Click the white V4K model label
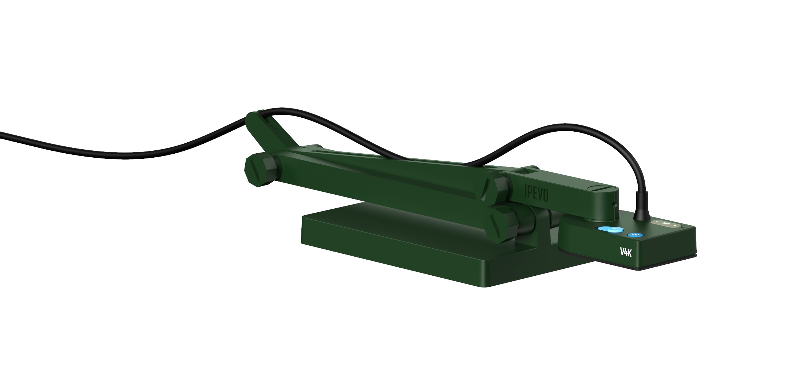tap(625, 252)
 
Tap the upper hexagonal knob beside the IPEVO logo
tap(501, 189)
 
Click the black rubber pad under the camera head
tap(653, 269)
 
